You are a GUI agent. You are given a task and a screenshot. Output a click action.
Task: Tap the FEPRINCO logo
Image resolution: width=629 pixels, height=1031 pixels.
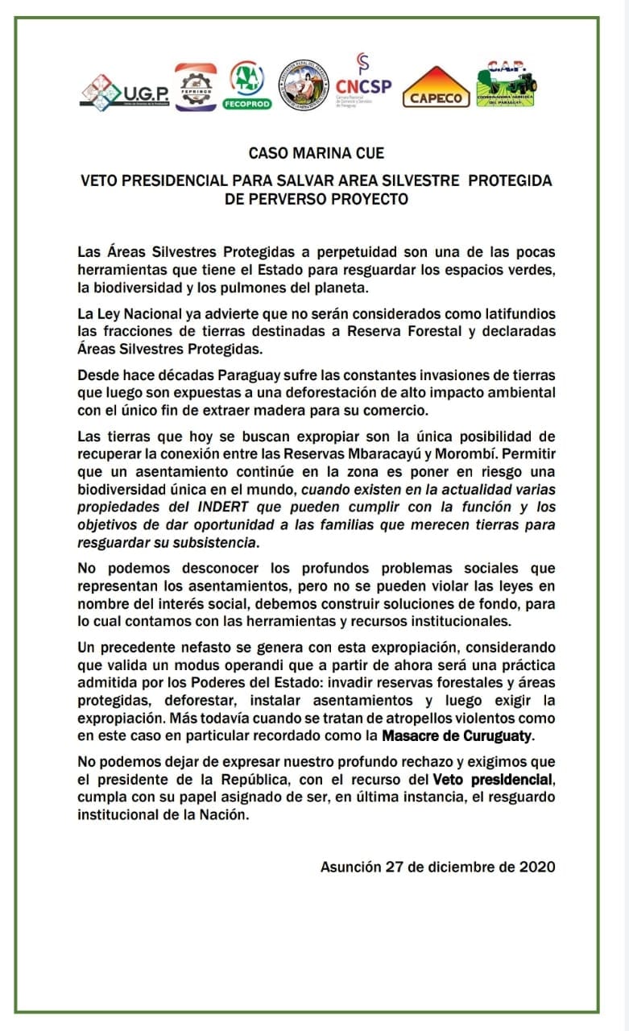(x=196, y=86)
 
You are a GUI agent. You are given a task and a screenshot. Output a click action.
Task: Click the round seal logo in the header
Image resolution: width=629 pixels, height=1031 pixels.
(x=303, y=85)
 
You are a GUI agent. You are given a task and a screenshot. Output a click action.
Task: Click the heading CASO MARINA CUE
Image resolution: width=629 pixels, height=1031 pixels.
(x=317, y=153)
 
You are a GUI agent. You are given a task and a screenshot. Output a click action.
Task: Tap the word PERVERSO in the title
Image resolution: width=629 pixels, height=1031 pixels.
(x=301, y=199)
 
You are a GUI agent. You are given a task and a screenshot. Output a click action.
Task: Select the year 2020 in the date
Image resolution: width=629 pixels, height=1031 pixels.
(x=536, y=867)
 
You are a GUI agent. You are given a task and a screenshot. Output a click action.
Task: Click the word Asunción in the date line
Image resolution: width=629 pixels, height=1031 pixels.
(x=350, y=867)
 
